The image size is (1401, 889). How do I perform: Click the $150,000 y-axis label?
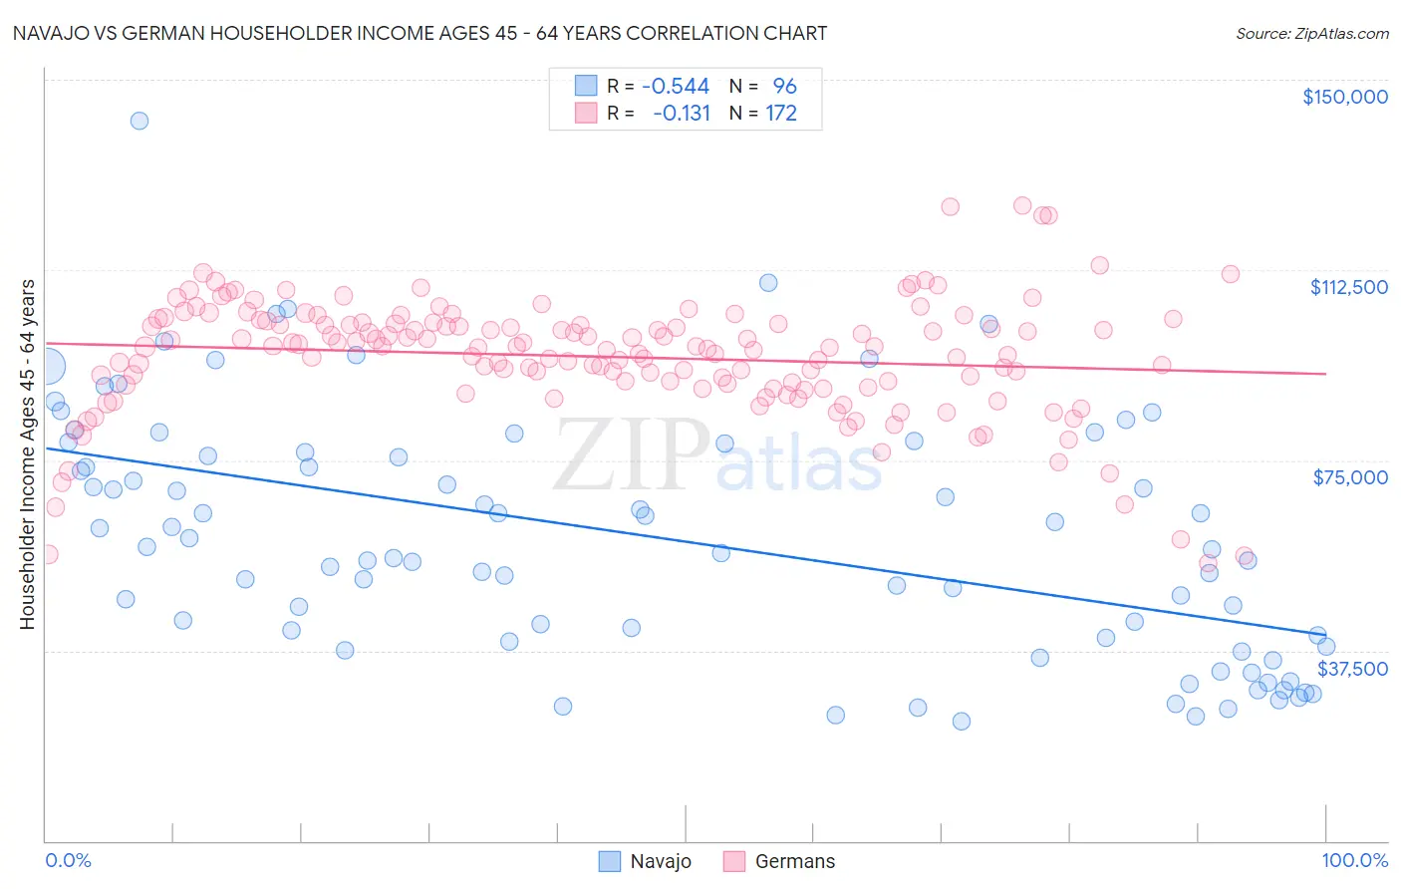(1344, 97)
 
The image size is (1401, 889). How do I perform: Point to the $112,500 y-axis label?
(1348, 287)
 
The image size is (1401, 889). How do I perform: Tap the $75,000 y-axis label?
(1350, 477)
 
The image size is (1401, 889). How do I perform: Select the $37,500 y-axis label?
(1352, 669)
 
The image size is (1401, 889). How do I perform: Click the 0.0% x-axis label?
(68, 860)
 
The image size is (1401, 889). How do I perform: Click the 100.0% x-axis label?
(1354, 860)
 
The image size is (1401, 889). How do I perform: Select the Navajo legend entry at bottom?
(645, 861)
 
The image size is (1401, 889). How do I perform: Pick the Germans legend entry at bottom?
(779, 861)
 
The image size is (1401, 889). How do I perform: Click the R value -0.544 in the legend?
(675, 86)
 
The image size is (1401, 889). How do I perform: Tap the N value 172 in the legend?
(781, 113)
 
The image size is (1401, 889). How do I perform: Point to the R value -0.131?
(682, 113)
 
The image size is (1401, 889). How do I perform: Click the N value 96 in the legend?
(784, 86)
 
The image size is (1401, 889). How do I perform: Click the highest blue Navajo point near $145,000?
(140, 121)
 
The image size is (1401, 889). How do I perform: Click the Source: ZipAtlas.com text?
(1311, 33)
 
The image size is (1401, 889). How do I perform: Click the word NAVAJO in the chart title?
(48, 33)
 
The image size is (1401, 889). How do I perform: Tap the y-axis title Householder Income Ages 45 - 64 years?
(27, 453)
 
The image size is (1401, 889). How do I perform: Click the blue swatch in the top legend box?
(585, 86)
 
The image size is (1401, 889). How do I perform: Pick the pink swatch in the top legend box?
(585, 113)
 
